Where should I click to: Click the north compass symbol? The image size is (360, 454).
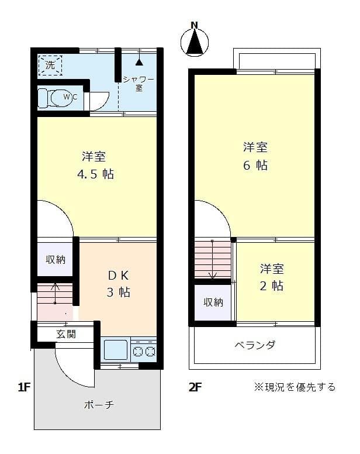point(195,40)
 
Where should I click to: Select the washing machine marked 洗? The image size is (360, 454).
point(50,65)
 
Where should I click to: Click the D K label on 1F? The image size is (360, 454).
point(118,275)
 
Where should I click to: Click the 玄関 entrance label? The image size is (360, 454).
point(65,334)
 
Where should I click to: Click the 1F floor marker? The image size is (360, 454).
point(23,387)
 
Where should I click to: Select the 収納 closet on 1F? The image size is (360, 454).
point(56,259)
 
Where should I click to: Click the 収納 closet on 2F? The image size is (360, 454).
point(213,302)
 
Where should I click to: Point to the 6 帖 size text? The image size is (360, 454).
point(255,166)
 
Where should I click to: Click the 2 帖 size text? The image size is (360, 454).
point(272,286)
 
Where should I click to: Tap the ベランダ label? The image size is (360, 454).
point(254,345)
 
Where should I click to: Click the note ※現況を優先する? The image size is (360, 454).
point(295,387)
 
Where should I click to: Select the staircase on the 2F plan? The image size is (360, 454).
point(213,259)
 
